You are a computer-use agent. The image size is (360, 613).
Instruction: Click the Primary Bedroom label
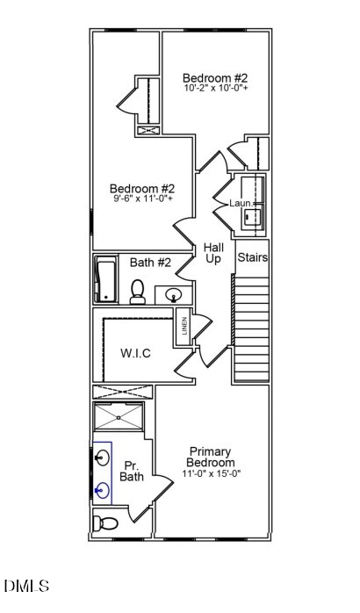tap(211, 457)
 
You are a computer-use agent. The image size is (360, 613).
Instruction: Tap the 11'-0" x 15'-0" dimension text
tap(211, 473)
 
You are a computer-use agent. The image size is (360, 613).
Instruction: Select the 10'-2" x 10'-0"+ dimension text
tap(215, 88)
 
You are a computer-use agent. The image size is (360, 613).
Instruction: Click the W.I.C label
tap(135, 353)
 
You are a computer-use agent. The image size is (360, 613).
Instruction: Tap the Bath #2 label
tap(150, 262)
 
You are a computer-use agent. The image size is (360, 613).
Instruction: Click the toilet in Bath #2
tap(138, 292)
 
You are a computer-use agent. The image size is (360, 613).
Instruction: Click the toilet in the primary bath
tap(105, 523)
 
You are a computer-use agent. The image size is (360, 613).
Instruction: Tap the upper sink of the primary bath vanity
tap(103, 458)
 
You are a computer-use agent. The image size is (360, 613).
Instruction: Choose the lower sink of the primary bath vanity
tap(103, 490)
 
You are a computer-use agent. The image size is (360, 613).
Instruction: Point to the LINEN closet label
tap(184, 327)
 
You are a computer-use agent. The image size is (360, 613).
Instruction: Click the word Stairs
tap(252, 258)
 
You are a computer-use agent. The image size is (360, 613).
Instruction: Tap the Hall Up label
tap(213, 254)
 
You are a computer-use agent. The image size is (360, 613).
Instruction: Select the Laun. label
tap(241, 203)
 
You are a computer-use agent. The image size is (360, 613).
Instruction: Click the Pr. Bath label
tap(132, 472)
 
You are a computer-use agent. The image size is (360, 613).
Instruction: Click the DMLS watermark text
tap(27, 586)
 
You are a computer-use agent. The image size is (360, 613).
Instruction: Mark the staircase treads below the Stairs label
tap(251, 329)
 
